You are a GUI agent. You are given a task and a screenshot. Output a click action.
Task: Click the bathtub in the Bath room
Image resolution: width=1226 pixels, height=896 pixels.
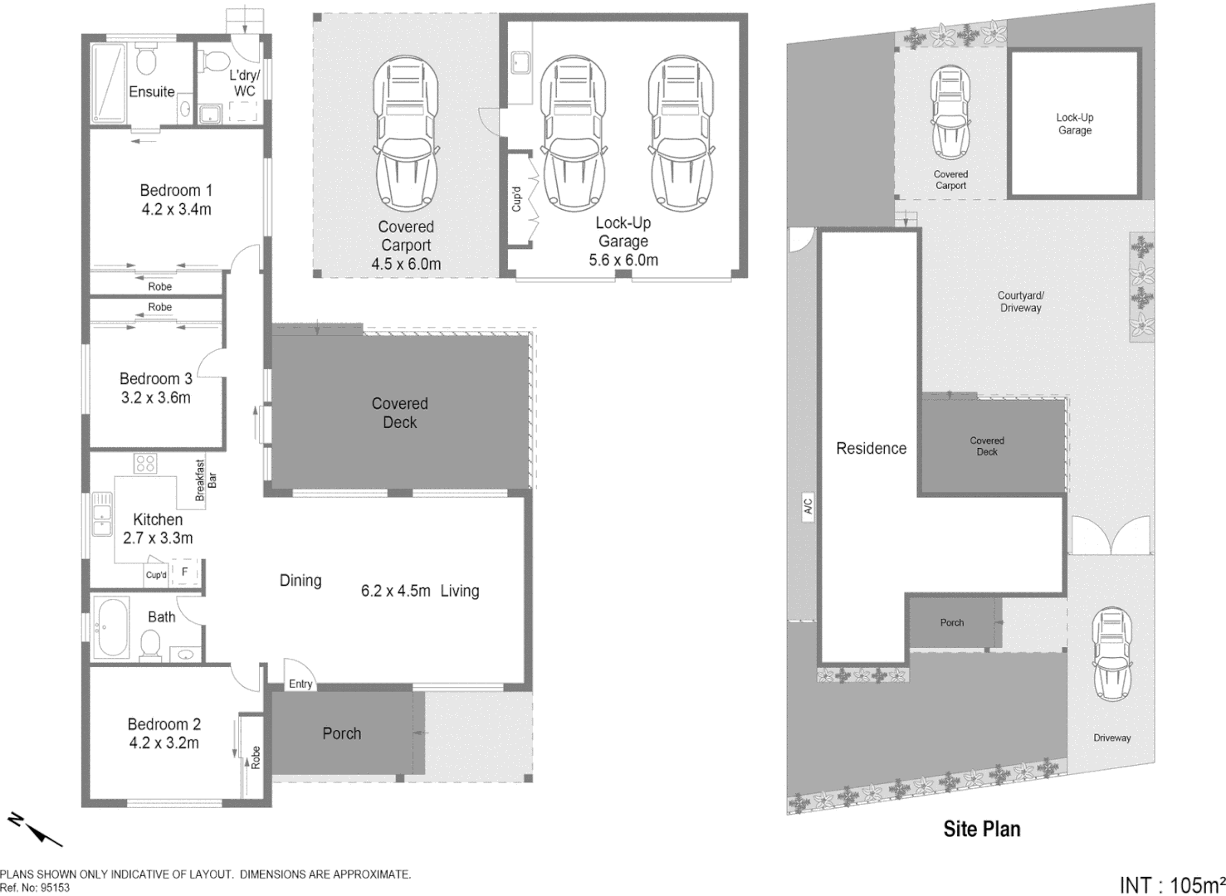111,627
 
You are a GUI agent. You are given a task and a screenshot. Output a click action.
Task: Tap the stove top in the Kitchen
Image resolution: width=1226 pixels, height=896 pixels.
145,463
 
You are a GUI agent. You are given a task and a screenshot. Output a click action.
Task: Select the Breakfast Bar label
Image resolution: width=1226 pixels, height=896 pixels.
205,480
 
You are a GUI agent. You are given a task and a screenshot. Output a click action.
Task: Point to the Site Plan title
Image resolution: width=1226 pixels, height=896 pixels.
981,829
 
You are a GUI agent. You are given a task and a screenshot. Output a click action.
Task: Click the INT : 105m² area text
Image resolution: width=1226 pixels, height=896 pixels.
1171,884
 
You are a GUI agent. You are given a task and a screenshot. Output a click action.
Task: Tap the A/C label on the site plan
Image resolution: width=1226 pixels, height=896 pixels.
808,506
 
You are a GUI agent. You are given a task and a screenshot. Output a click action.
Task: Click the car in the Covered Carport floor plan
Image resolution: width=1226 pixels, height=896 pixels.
406,134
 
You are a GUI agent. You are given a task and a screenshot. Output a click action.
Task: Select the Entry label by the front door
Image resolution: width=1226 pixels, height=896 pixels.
300,684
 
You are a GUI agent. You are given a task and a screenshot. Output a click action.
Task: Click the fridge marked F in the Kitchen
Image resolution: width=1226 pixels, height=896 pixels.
185,572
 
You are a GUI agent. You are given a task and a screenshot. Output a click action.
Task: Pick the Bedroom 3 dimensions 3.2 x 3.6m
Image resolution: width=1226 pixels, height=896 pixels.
156,397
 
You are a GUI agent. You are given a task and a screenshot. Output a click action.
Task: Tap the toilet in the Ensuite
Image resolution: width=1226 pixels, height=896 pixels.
147,60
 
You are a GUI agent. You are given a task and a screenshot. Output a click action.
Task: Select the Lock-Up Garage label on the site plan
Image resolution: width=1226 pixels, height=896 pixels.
1074,124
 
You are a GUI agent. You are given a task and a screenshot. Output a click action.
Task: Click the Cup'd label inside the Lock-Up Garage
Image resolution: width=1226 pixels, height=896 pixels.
516,199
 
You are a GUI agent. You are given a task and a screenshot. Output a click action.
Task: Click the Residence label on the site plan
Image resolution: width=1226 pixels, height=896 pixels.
871,448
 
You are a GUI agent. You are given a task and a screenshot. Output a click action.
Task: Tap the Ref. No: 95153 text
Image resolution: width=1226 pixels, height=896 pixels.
35,887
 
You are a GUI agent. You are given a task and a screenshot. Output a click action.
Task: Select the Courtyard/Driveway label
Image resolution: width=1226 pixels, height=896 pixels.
1020,301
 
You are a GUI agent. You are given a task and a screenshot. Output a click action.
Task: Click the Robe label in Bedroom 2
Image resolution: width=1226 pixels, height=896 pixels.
256,757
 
